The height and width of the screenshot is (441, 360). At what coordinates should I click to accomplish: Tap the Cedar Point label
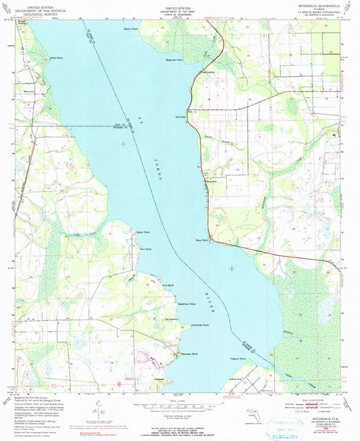coord(143,232)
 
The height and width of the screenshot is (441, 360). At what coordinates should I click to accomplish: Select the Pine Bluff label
coord(168,286)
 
